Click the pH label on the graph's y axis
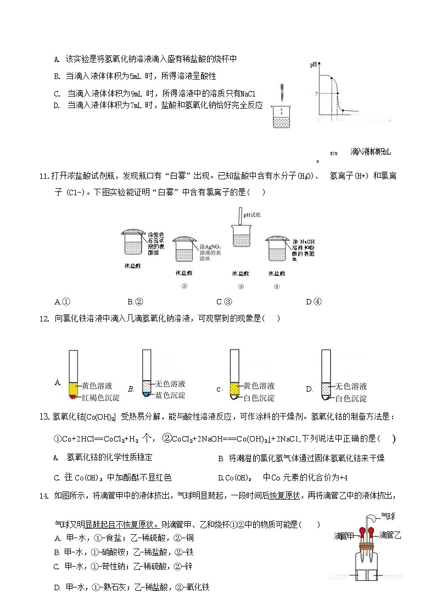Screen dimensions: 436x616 point(314,65)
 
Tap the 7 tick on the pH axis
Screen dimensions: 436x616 point(316,94)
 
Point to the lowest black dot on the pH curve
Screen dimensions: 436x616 point(343,111)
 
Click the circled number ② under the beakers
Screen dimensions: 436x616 point(185,286)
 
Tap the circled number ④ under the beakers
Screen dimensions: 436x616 point(276,286)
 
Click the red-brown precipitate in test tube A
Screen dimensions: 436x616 point(72,396)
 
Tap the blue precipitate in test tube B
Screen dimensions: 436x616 point(146,394)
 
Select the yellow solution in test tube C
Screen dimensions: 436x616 point(234,388)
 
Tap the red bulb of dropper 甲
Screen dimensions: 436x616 point(363,531)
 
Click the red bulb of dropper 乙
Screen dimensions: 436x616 point(372,531)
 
